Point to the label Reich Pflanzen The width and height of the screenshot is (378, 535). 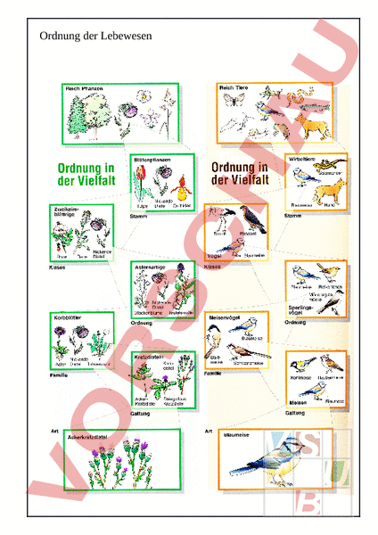tap(84, 89)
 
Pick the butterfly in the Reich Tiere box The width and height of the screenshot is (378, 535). tap(234, 102)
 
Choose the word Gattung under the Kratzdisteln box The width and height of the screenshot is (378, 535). tap(140, 412)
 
